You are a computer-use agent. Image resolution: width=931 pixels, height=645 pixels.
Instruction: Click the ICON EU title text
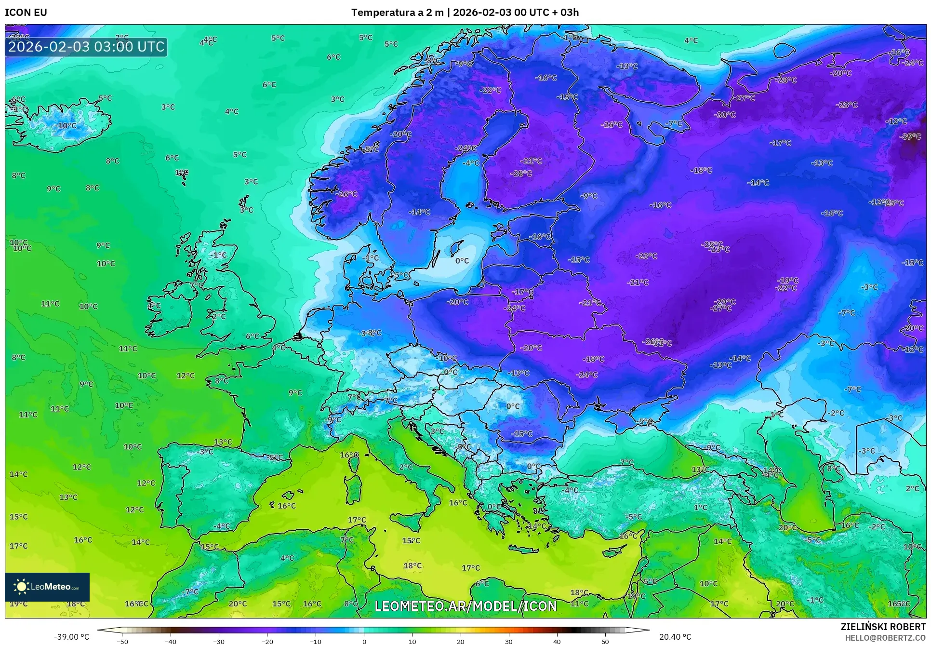(26, 13)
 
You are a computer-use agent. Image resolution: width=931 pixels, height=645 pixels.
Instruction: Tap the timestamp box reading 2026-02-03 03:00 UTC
(86, 47)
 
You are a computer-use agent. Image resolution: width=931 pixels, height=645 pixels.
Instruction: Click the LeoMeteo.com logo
(47, 587)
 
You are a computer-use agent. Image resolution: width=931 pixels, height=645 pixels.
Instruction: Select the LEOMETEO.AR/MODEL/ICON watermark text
(465, 606)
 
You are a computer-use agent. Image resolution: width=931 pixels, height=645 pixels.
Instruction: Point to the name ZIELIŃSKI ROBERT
(883, 627)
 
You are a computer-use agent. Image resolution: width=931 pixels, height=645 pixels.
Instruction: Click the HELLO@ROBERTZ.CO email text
(885, 638)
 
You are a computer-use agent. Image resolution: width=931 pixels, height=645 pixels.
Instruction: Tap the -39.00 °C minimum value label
(71, 637)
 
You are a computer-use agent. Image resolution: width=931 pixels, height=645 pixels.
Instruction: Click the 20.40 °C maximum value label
(675, 637)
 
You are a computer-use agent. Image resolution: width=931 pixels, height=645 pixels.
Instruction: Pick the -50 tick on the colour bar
(122, 642)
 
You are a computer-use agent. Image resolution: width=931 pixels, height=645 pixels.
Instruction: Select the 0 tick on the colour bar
(364, 642)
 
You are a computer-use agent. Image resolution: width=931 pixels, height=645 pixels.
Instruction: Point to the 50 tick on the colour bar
(605, 642)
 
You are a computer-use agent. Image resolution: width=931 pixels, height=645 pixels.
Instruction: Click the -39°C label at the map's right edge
(910, 136)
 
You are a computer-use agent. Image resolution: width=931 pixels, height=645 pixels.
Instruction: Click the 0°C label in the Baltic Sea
(462, 261)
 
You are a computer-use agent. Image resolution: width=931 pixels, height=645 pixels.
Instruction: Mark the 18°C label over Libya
(412, 565)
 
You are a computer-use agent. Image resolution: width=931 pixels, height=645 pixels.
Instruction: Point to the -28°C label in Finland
(521, 173)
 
